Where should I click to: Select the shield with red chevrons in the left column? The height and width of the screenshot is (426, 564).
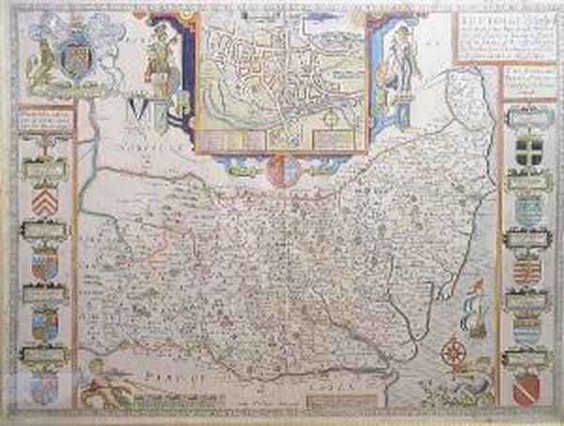pos(44,202)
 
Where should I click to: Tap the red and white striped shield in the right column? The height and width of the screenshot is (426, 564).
pos(527,271)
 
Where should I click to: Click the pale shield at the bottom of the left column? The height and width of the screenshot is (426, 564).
pos(44,385)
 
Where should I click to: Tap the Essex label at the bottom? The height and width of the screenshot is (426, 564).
pos(324,384)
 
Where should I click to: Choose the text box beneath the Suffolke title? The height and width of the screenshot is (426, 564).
pos(526,79)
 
